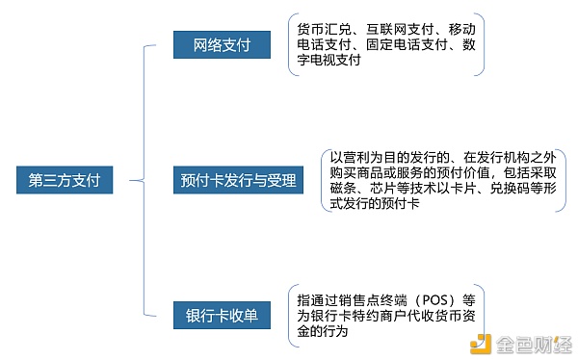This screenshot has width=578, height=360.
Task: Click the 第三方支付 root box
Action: tap(65, 180)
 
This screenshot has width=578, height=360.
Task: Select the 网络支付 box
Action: tap(221, 46)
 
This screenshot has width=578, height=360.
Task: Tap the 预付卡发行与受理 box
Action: tap(238, 180)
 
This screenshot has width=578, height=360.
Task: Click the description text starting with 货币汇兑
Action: tap(386, 44)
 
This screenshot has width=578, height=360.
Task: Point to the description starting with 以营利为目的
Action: tap(440, 180)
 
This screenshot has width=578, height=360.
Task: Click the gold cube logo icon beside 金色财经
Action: tap(482, 343)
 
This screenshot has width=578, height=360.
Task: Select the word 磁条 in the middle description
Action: tap(342, 189)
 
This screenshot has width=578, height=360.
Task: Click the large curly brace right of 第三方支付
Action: tap(143, 180)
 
